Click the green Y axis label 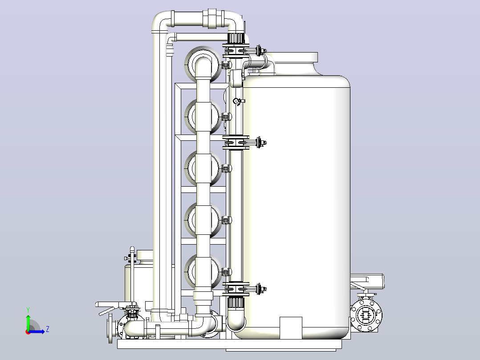(28, 310)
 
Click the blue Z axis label (48, 329)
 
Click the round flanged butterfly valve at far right (366, 315)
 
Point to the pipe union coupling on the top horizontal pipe (212, 18)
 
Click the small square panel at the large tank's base (291, 328)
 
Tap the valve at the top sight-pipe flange (260, 50)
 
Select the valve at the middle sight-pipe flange (260, 143)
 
